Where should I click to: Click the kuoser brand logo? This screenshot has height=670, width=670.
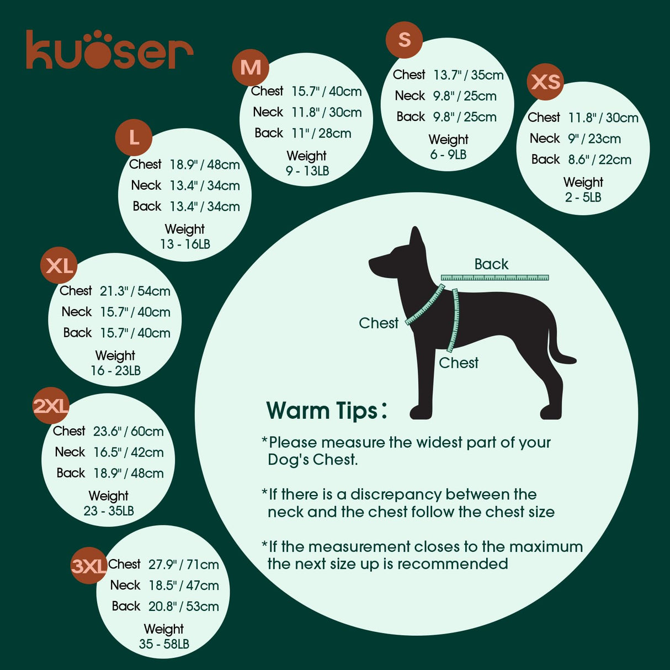pyautogui.click(x=109, y=50)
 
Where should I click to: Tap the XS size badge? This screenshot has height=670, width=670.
pyautogui.click(x=545, y=82)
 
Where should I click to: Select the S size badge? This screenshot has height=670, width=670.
pyautogui.click(x=404, y=39)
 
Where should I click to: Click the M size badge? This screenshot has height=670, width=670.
pyautogui.click(x=251, y=67)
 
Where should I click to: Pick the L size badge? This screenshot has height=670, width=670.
pyautogui.click(x=134, y=137)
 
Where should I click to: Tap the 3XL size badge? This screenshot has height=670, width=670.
pyautogui.click(x=89, y=566)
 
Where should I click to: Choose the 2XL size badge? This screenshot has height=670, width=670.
pyautogui.click(x=51, y=406)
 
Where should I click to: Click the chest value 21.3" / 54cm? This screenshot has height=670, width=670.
pyautogui.click(x=135, y=291)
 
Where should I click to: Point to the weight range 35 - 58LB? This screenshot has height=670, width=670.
pyautogui.click(x=164, y=644)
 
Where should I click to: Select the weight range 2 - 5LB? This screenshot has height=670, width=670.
pyautogui.click(x=583, y=197)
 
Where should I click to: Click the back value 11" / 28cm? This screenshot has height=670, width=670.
pyautogui.click(x=321, y=133)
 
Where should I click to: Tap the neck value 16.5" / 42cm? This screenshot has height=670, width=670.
pyautogui.click(x=128, y=452)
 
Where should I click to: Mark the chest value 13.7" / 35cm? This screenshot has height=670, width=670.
pyautogui.click(x=468, y=75)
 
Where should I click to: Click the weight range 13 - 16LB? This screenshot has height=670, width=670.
pyautogui.click(x=185, y=244)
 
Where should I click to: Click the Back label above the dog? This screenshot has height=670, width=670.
pyautogui.click(x=491, y=264)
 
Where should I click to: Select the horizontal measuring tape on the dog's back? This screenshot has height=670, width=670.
pyautogui.click(x=494, y=278)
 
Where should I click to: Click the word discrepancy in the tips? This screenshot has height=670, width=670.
pyautogui.click(x=396, y=494)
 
